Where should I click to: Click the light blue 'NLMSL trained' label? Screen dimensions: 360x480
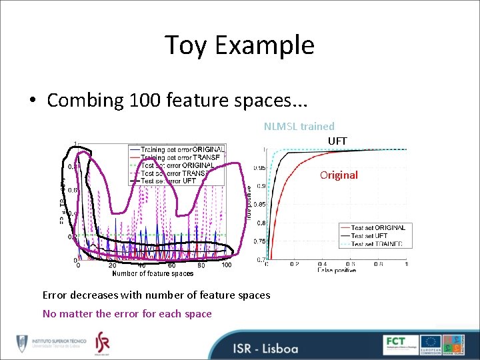(x=299, y=126)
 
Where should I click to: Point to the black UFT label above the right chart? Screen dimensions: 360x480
(x=337, y=141)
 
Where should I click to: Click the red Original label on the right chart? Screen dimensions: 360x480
(x=339, y=175)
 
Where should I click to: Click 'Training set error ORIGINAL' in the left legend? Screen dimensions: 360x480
(x=182, y=149)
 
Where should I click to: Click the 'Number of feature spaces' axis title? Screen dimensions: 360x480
(x=153, y=273)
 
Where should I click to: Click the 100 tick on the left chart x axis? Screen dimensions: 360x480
(x=226, y=265)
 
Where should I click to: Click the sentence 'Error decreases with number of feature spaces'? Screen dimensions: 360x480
(x=156, y=295)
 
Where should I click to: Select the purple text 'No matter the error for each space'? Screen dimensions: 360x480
(x=127, y=313)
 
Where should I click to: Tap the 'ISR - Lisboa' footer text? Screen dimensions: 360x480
(x=265, y=348)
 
